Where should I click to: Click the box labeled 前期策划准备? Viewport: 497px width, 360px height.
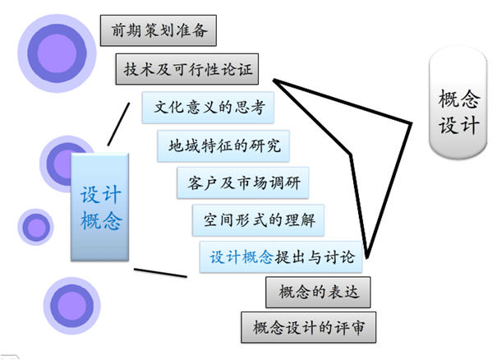pyautogui.click(x=158, y=30)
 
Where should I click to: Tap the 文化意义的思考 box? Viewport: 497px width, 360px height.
pyautogui.click(x=203, y=108)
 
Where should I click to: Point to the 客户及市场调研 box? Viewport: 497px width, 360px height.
pyautogui.click(x=243, y=182)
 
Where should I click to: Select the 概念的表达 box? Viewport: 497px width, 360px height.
pyautogui.click(x=313, y=292)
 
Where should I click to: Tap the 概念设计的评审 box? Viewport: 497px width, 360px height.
pyautogui.click(x=309, y=327)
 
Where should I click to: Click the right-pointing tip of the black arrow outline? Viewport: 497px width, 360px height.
pyautogui.click(x=410, y=125)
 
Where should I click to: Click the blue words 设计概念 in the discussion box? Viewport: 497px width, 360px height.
pyautogui.click(x=241, y=257)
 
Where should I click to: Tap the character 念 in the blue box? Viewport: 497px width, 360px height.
pyautogui.click(x=111, y=219)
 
